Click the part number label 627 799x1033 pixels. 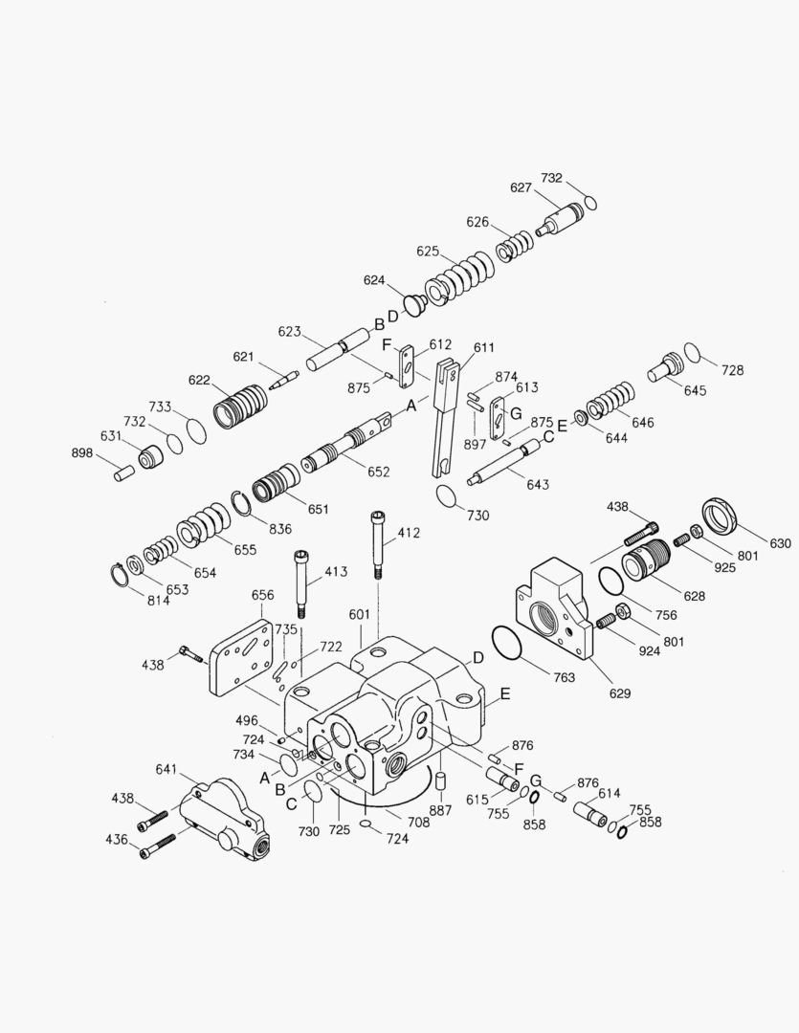click(521, 188)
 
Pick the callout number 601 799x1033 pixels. click(360, 615)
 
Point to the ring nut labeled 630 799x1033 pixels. click(721, 516)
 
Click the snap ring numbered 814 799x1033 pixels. click(118, 575)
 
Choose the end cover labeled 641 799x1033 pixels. click(222, 816)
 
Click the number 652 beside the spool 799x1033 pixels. click(351, 472)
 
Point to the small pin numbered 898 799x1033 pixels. click(123, 472)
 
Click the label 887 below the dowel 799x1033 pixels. click(440, 809)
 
